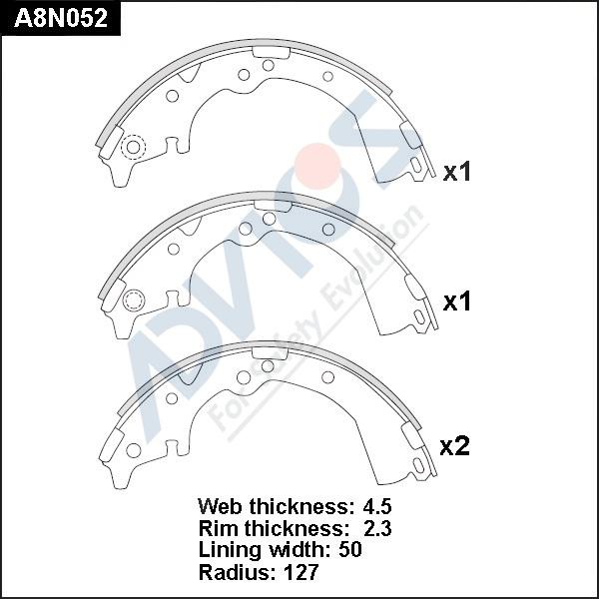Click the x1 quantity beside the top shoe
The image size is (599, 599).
pos(456,172)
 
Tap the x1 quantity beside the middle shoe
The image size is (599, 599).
pos(456,301)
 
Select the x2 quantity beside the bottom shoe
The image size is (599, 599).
pos(454,447)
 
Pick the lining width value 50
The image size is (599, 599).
pos(349,550)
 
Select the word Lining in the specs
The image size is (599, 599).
pos(230,550)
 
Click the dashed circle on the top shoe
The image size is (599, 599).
pos(132,148)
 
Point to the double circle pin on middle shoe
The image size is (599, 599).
pos(134,299)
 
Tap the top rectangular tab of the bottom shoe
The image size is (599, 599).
pos(270,351)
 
